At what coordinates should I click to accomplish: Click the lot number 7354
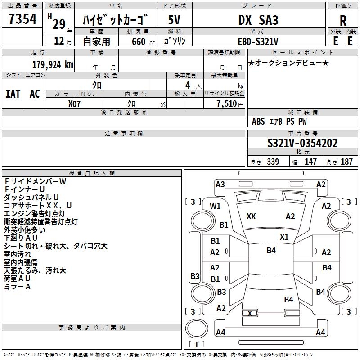point(22,18)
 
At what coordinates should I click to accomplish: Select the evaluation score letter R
point(343,20)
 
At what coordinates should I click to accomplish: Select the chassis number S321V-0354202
point(302,143)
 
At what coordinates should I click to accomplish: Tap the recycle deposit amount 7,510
point(227,104)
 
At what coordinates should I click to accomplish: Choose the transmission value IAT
point(13,94)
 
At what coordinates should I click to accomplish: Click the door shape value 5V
point(175,20)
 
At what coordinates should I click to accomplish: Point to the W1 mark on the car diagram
point(216,206)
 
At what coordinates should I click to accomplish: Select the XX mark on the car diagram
point(251,216)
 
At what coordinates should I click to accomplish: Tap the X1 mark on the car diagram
point(284,237)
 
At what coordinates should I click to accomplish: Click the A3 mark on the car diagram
point(220,184)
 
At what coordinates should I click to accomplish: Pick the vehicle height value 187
point(346,162)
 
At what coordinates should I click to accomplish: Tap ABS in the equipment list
point(258,121)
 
